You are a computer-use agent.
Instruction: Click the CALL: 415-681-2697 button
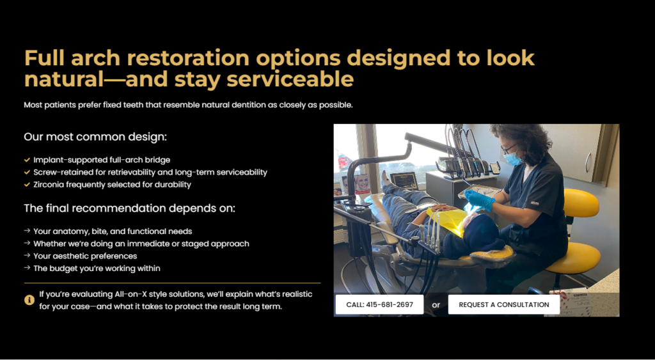click(379, 304)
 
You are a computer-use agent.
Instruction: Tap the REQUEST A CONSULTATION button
click(504, 304)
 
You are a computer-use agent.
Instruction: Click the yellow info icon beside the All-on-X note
click(29, 300)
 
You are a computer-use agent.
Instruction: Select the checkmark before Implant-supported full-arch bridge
click(27, 160)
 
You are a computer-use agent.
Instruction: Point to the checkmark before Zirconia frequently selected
click(27, 185)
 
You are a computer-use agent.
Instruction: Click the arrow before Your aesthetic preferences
click(27, 256)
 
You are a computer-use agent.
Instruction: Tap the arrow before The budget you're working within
click(27, 268)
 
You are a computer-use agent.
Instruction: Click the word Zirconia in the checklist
click(48, 185)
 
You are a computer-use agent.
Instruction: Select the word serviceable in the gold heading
click(290, 79)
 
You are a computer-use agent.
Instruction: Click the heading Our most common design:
click(95, 137)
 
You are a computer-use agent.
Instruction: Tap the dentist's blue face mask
click(512, 159)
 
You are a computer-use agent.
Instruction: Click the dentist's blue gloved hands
click(480, 200)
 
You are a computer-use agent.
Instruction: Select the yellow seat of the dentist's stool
click(572, 257)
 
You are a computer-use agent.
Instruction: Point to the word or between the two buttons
click(436, 305)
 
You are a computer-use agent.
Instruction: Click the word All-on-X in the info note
click(130, 294)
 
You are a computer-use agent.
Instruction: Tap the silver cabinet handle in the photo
click(588, 162)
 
